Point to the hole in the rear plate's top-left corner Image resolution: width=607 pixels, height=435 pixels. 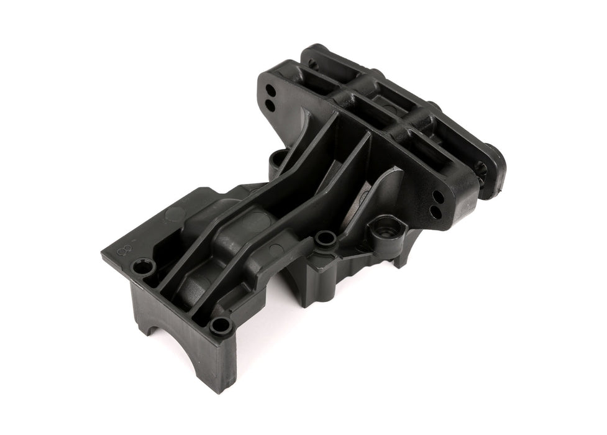[x=313, y=64]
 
